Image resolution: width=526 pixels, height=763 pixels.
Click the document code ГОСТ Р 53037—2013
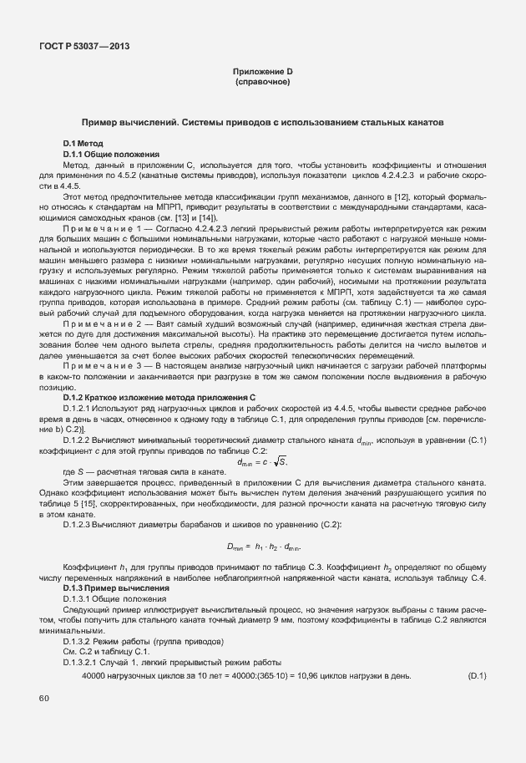[x=83, y=48]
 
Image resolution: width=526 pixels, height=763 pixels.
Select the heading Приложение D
[x=262, y=73]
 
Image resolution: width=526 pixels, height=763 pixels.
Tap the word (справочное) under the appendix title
[x=262, y=84]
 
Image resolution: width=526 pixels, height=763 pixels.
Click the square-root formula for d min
[x=261, y=461]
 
